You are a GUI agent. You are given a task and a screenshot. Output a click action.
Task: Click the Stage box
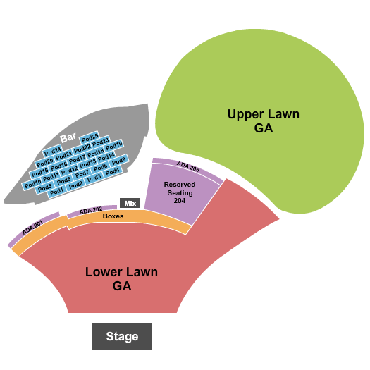122,336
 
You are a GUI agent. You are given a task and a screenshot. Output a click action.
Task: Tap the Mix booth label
130,202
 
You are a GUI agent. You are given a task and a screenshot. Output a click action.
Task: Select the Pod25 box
90,137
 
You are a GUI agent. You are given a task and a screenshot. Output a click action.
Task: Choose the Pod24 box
53,150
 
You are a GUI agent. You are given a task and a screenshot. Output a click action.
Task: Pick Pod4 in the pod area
112,171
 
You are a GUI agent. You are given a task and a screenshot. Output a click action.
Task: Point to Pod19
114,145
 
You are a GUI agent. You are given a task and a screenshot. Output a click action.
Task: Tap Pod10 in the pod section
32,185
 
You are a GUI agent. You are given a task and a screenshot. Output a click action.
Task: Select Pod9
118,161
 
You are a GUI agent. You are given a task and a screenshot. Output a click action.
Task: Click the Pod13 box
87,163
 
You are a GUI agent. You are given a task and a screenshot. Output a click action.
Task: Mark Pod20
44,161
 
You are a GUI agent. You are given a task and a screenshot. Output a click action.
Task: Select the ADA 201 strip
33,227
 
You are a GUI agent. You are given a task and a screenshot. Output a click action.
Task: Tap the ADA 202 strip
91,210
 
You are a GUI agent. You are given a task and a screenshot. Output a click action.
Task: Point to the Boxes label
113,216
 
